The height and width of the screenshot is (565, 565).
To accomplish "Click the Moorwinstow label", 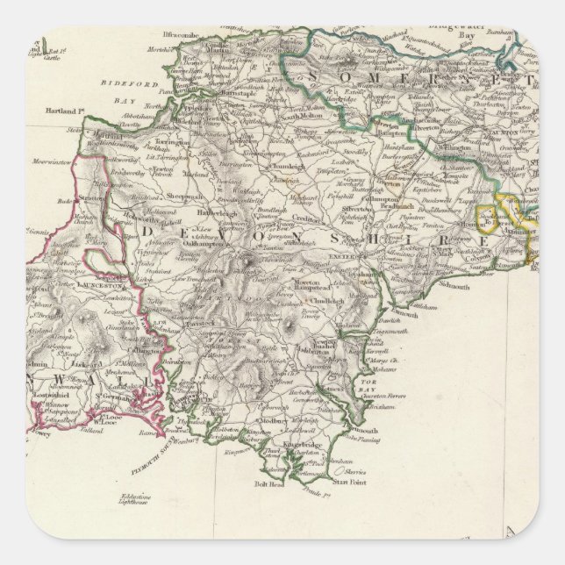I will point(54,161).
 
